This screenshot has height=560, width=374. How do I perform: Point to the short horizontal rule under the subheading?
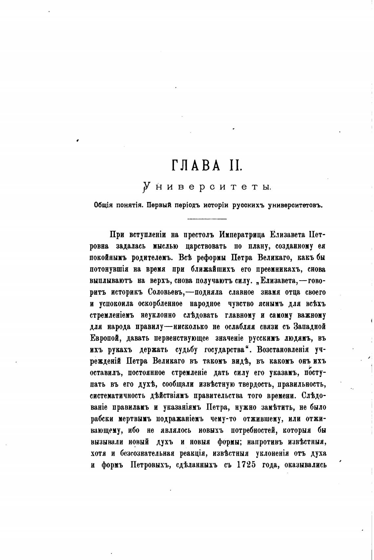point(207,219)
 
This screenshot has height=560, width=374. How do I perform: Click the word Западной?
point(309,327)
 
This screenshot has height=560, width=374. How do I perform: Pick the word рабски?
point(101,419)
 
